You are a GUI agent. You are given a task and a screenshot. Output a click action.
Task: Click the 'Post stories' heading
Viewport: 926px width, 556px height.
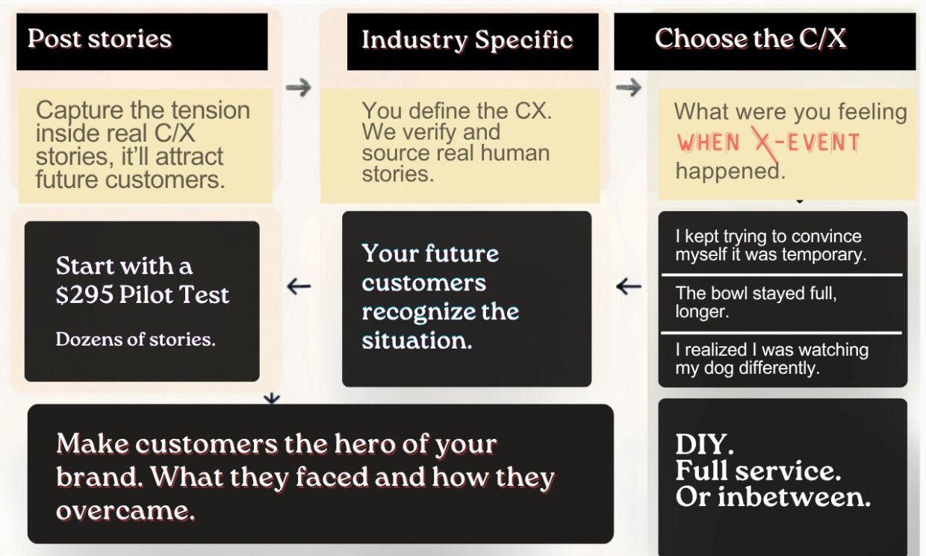tap(99, 38)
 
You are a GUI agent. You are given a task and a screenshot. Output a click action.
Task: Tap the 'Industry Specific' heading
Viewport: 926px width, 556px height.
tap(467, 40)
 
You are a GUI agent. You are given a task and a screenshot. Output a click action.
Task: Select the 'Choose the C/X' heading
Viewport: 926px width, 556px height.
tap(751, 38)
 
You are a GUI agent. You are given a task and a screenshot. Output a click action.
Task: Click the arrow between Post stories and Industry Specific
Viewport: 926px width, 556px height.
tap(298, 87)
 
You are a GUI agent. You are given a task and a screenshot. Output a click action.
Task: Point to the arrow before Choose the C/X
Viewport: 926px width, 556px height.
tap(628, 87)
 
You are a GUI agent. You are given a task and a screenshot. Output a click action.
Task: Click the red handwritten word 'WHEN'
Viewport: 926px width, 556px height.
tap(708, 143)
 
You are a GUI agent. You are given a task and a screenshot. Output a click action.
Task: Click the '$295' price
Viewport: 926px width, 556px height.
tap(84, 295)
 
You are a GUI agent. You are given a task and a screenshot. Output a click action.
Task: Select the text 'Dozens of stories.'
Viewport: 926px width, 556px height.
tap(136, 339)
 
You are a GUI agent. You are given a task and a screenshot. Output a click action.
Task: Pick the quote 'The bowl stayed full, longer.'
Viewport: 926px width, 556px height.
tap(756, 302)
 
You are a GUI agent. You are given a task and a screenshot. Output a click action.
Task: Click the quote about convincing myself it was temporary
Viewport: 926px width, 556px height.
tap(771, 246)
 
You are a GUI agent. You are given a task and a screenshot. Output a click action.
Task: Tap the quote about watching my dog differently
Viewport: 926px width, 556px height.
tap(772, 358)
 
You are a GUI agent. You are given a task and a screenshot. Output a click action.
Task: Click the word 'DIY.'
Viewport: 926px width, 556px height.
tap(704, 445)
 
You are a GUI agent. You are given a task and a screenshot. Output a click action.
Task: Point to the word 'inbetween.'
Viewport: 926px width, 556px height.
tap(794, 496)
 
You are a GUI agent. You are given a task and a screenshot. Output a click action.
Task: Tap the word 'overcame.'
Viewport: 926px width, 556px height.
tap(125, 511)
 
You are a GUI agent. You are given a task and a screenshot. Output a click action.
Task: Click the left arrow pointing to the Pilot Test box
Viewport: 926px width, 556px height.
tap(299, 287)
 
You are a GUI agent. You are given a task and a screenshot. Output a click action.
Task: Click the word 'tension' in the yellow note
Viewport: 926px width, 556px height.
tap(211, 110)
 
